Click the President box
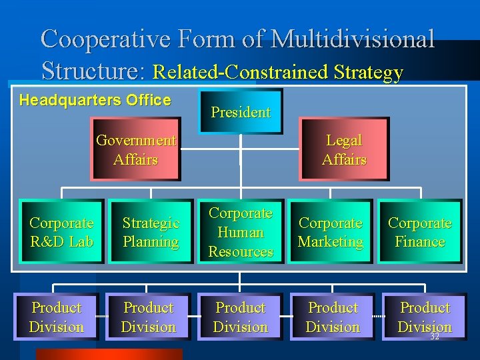click(241, 111)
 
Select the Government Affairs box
click(136, 150)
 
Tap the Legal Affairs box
click(344, 150)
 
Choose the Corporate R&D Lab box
click(61, 232)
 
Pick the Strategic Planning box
click(151, 232)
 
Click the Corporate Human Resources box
click(241, 232)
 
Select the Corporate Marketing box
click(331, 232)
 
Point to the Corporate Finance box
click(419, 232)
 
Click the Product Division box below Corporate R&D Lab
click(57, 317)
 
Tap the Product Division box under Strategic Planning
click(149, 317)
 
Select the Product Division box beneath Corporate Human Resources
click(241, 317)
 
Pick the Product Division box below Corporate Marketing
click(333, 317)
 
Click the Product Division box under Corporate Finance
click(425, 316)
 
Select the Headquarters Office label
click(95, 101)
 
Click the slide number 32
click(435, 337)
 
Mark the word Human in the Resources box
click(241, 233)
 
